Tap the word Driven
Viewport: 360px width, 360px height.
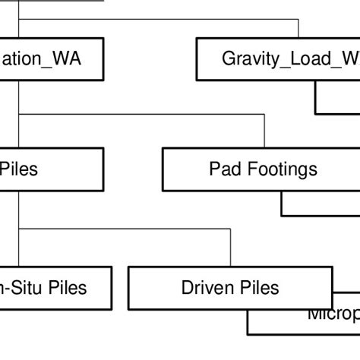(205, 288)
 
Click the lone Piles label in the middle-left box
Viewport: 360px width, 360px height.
(19, 169)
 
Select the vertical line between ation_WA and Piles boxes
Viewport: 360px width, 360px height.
(19, 114)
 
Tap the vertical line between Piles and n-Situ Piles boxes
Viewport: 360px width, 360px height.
(19, 228)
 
